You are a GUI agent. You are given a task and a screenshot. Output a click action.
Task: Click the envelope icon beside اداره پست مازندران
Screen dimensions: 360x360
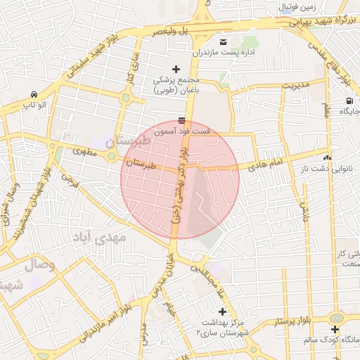pyautogui.click(x=223, y=41)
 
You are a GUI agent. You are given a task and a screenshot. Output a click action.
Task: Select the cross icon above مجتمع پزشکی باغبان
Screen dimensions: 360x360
pyautogui.click(x=176, y=68)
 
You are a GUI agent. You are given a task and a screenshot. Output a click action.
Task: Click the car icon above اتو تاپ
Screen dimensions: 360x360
pyautogui.click(x=34, y=94)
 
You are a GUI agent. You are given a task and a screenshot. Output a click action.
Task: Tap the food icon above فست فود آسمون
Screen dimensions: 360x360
pyautogui.click(x=182, y=120)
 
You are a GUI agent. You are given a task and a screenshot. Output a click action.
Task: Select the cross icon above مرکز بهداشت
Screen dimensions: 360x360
pyautogui.click(x=223, y=311)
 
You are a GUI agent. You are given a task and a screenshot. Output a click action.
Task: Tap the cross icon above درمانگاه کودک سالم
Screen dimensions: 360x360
pyautogui.click(x=335, y=328)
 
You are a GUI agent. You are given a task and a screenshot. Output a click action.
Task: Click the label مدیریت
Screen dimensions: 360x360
pyautogui.click(x=296, y=84)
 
